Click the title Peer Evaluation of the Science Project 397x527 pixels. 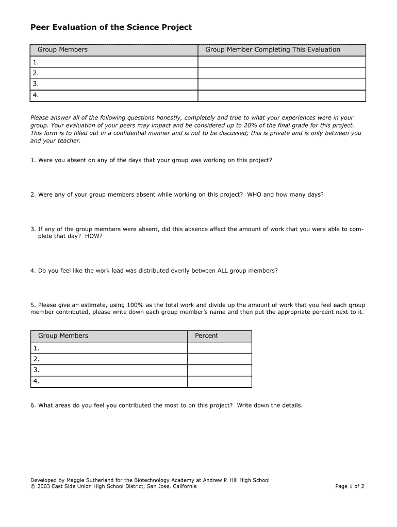click(x=111, y=27)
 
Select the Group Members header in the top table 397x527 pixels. click(x=62, y=50)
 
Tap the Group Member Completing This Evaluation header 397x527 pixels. click(x=273, y=50)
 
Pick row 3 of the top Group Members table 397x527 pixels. click(x=114, y=84)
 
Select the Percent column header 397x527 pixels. click(x=206, y=336)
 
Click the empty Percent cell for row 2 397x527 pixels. click(x=219, y=359)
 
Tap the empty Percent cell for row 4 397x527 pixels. click(x=219, y=382)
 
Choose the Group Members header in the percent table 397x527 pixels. click(x=63, y=336)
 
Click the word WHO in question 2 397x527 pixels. click(x=254, y=195)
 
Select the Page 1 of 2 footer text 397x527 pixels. click(x=350, y=486)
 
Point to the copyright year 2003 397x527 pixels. click(x=43, y=486)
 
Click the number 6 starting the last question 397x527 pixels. click(x=32, y=406)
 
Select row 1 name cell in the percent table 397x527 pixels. click(x=109, y=348)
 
